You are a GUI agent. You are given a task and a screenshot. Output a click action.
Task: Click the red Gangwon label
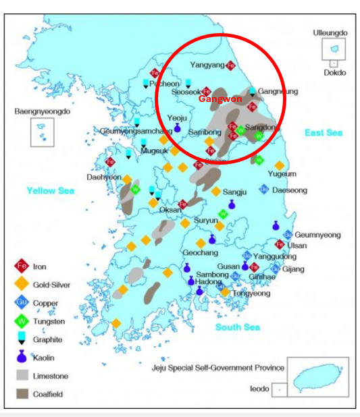click(220, 99)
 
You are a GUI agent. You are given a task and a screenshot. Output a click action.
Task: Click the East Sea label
click(323, 133)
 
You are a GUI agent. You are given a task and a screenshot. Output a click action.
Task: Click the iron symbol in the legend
click(22, 267)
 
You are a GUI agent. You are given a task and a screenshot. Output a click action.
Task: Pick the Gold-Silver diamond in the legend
click(22, 285)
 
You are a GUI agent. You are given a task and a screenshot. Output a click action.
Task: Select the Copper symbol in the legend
click(22, 303)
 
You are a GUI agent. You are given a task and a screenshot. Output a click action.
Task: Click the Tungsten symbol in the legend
click(22, 321)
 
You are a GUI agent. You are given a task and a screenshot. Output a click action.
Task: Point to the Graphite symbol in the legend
click(22, 339)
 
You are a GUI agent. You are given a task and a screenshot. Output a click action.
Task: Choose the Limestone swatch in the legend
click(22, 376)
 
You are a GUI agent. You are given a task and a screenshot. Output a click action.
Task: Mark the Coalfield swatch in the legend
click(22, 393)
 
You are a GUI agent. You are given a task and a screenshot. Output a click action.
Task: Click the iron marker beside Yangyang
click(231, 65)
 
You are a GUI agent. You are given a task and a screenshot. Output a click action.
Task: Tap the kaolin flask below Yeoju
click(178, 127)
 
